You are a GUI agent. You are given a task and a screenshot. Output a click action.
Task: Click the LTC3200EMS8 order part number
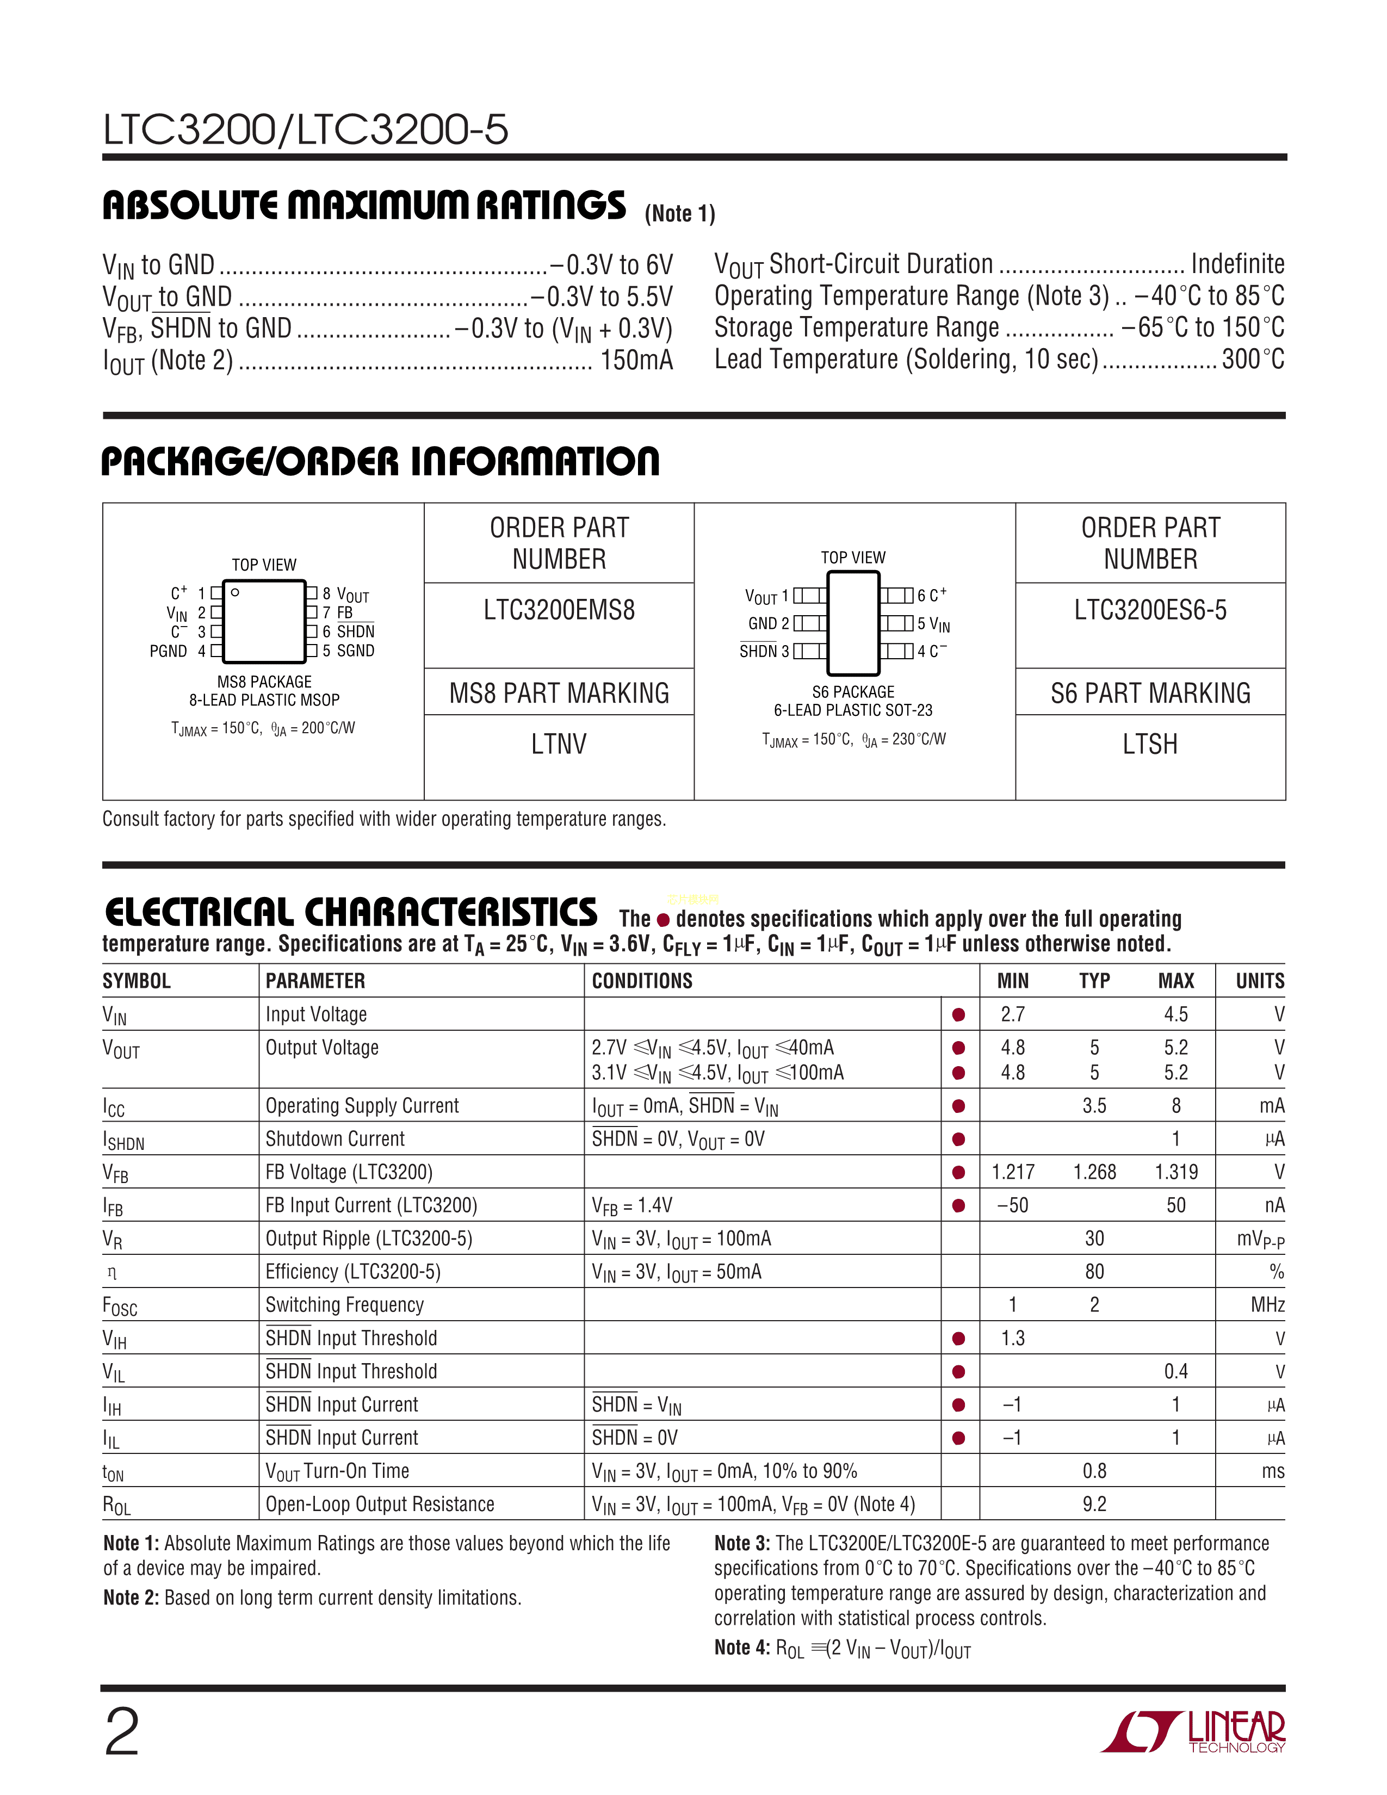coord(559,611)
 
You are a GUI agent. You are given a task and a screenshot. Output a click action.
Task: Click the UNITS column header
coord(1260,981)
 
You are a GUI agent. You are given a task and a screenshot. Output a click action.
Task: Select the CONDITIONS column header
coord(642,981)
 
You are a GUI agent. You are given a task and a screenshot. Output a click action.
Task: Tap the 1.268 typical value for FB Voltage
coord(1094,1173)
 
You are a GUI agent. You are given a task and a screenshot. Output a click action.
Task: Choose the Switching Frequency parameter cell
coord(344,1305)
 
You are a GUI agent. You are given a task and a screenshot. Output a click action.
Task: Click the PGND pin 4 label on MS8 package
coord(169,652)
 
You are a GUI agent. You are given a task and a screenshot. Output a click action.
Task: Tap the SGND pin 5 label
coord(355,651)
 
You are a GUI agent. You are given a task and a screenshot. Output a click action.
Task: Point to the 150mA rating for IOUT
coord(637,361)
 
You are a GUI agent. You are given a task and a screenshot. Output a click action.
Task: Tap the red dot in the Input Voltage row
coord(958,1015)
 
